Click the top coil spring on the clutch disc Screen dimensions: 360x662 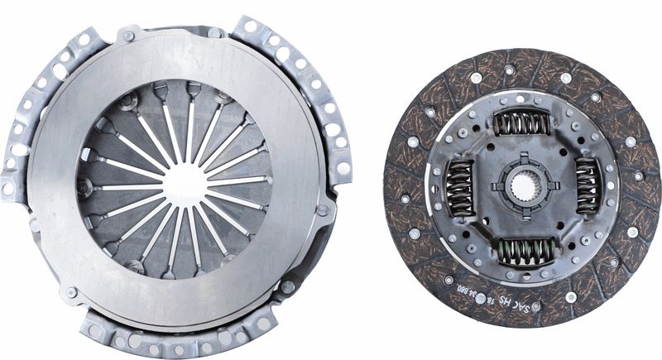click(x=521, y=123)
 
